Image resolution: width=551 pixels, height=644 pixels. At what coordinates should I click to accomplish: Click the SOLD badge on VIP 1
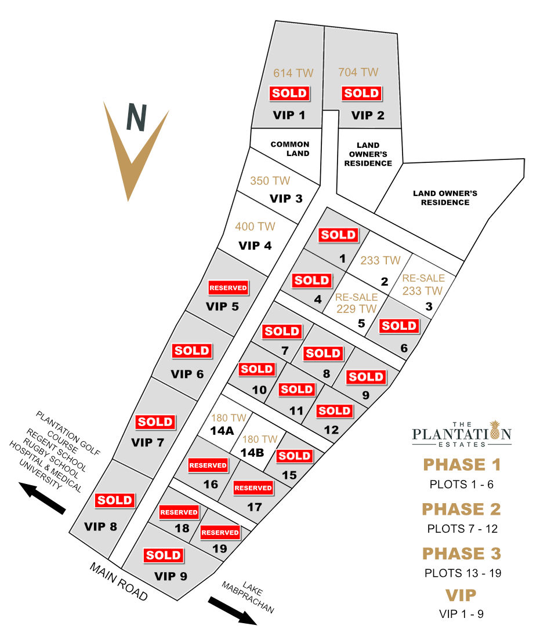[289, 93]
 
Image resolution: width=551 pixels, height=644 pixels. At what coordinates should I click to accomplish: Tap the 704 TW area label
[358, 72]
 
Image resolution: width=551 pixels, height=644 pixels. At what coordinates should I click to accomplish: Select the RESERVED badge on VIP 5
[228, 288]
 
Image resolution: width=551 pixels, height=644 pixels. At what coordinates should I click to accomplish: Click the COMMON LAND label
[290, 149]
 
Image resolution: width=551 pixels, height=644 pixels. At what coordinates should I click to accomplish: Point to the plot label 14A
[222, 431]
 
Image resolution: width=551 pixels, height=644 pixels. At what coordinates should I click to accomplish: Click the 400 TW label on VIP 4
[255, 227]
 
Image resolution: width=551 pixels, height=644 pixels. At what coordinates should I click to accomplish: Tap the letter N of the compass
[136, 118]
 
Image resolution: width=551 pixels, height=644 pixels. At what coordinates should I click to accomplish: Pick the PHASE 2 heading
[461, 509]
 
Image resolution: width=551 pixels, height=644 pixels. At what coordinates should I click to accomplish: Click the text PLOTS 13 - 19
[462, 573]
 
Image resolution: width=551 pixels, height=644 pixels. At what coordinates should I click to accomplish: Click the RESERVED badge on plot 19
[220, 532]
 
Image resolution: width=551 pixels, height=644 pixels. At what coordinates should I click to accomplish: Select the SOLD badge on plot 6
[398, 326]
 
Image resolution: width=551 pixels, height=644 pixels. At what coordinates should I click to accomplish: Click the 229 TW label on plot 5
[356, 309]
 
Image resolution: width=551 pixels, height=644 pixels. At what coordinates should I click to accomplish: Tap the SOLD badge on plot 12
[334, 411]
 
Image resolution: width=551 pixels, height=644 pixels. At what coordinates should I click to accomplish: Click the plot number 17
[254, 507]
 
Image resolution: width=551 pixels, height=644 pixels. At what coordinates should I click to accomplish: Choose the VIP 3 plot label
[286, 199]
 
